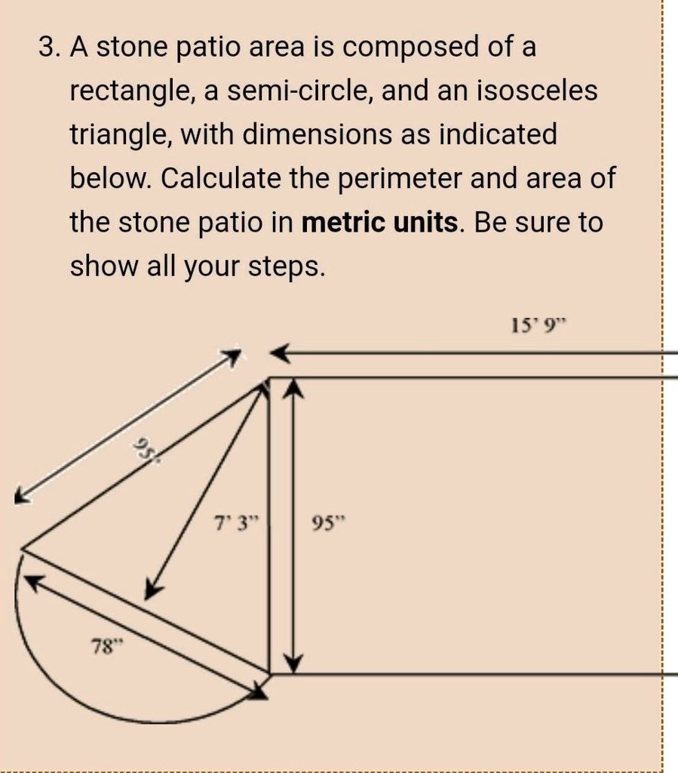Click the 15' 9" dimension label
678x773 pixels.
pyautogui.click(x=536, y=326)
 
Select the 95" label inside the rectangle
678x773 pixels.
pyautogui.click(x=326, y=522)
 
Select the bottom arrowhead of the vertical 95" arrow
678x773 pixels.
pyautogui.click(x=293, y=664)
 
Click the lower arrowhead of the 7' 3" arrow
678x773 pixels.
pyautogui.click(x=152, y=590)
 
